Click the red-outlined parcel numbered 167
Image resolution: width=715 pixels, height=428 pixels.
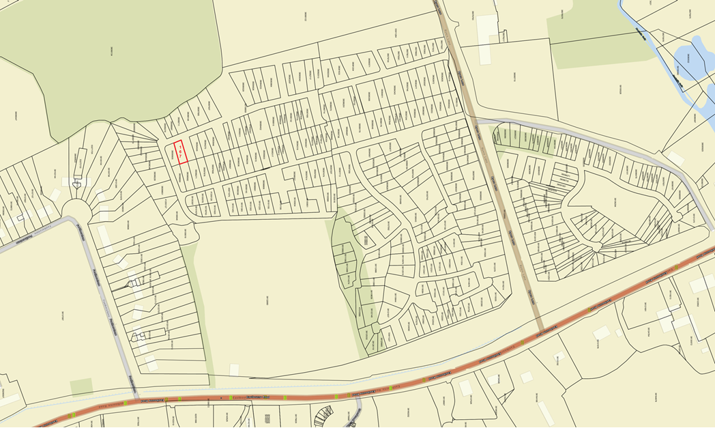179,152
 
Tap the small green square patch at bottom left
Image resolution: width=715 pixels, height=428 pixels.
81,386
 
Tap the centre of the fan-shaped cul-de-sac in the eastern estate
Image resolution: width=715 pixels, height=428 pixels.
598,249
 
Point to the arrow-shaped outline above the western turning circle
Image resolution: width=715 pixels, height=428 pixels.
76,184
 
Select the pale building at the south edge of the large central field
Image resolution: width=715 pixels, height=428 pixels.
234,370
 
